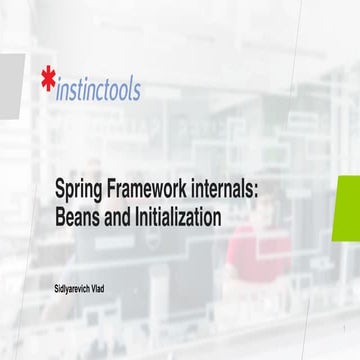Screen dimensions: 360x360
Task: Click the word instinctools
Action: coord(98,89)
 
